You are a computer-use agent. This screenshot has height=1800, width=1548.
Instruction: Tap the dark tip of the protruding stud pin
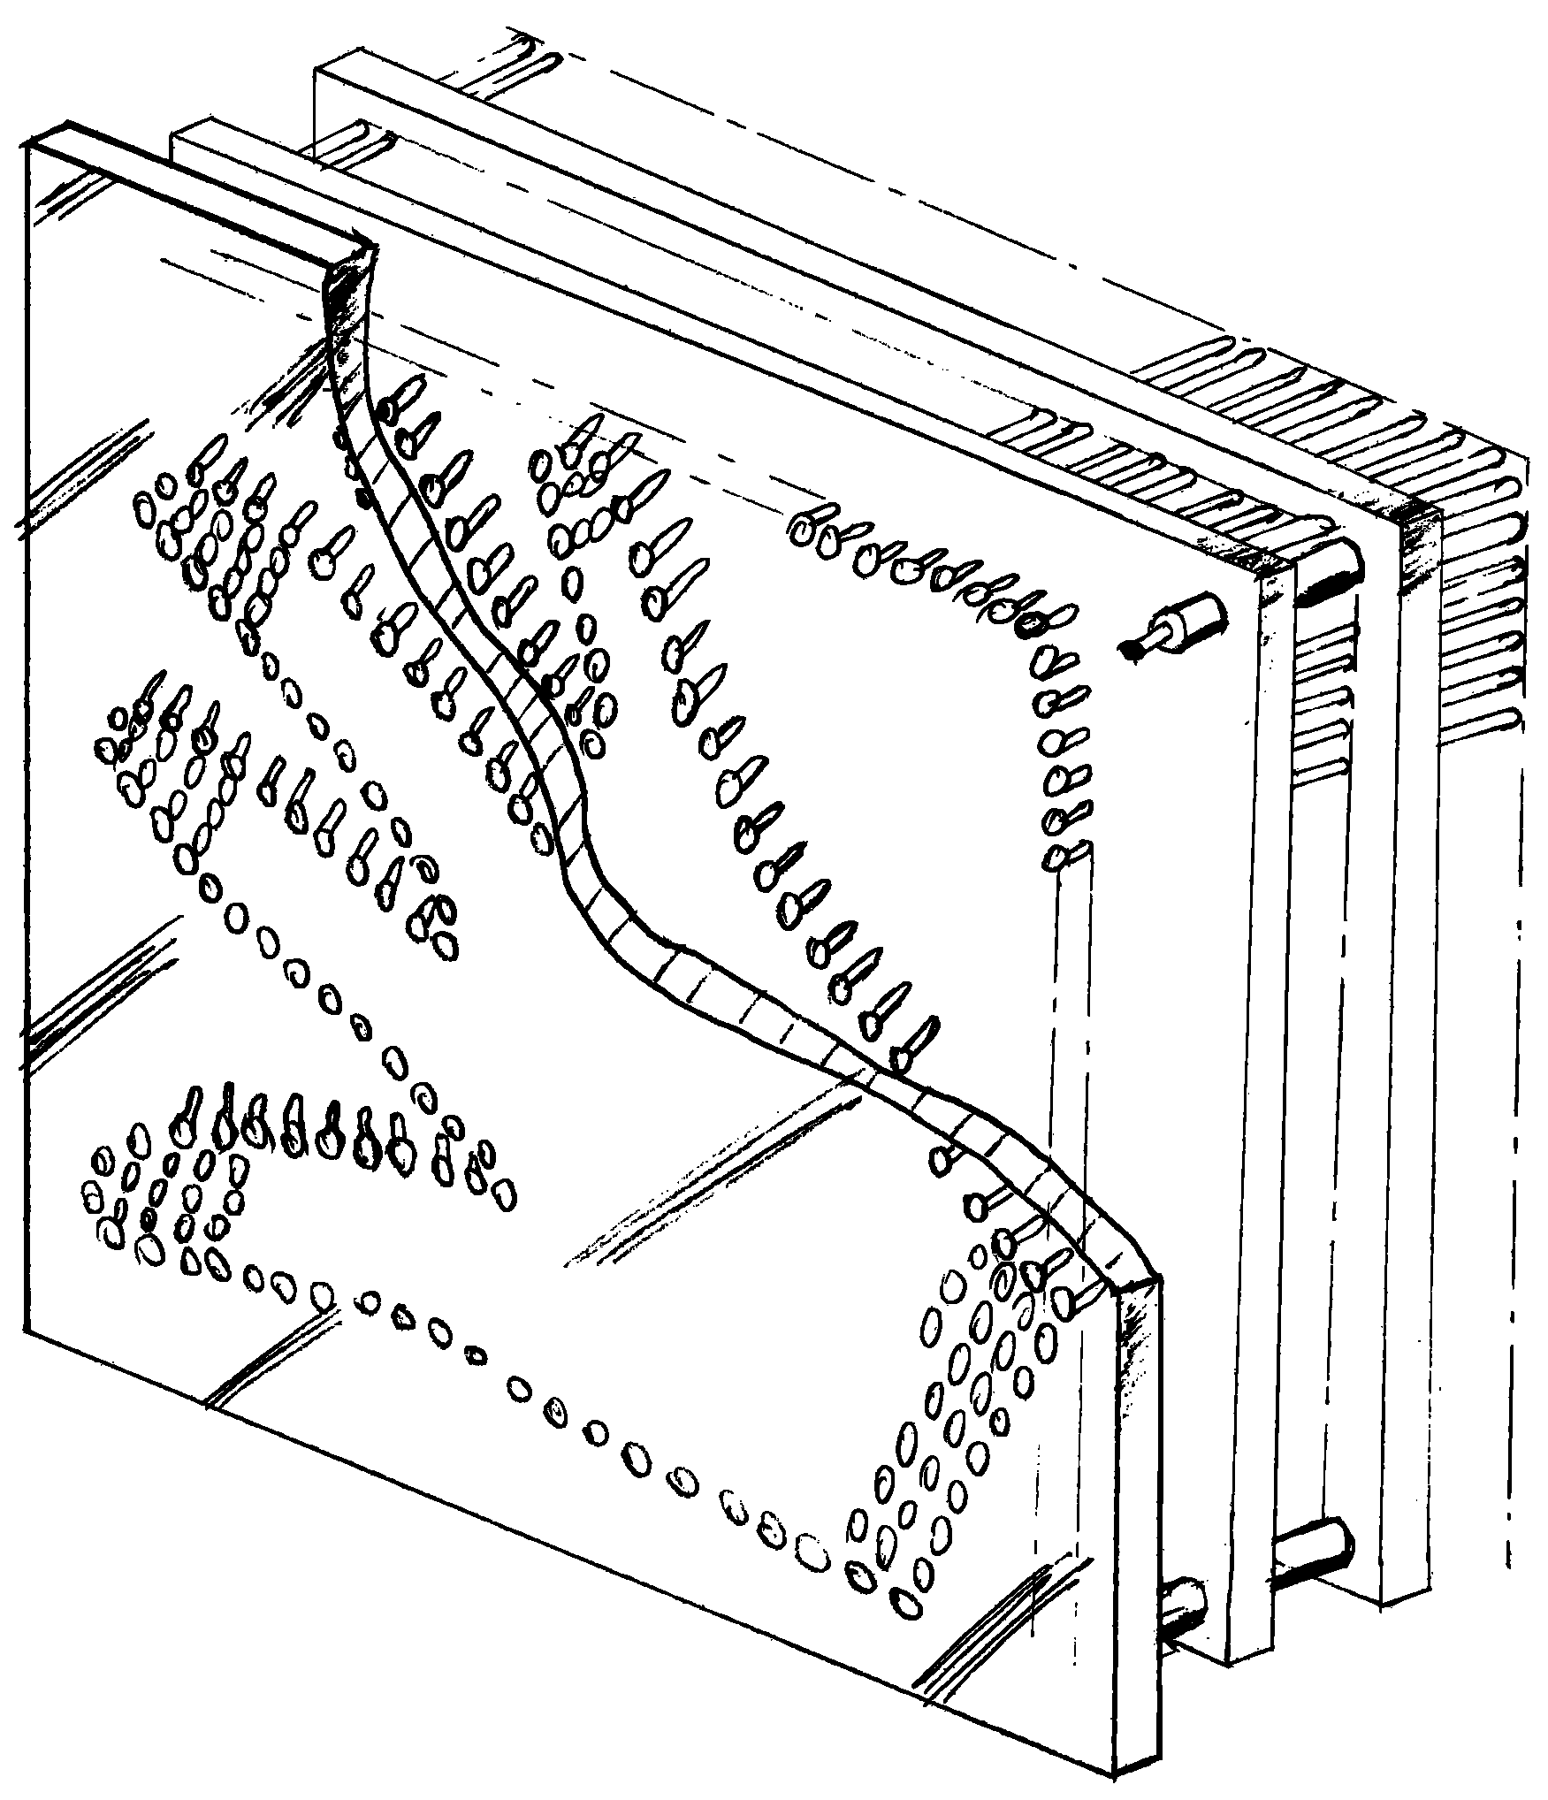pyautogui.click(x=1130, y=651)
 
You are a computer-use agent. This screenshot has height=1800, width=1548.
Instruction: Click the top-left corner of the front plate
pyautogui.click(x=32, y=144)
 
